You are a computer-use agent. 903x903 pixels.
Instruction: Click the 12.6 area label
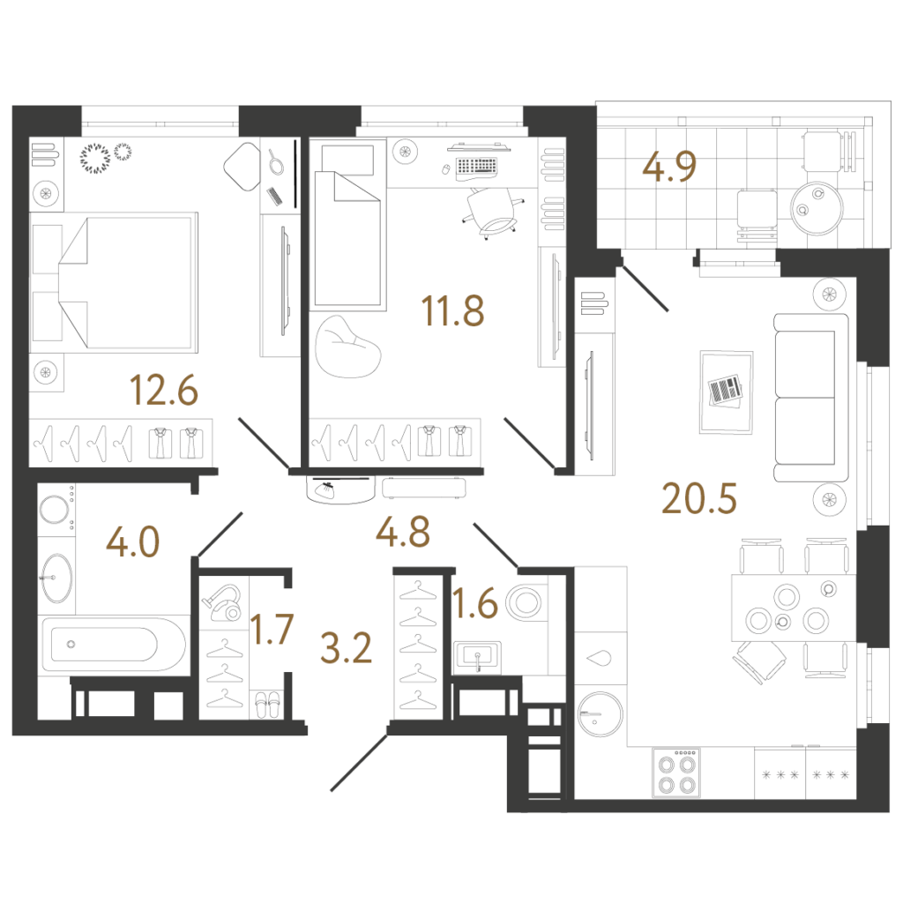pyautogui.click(x=164, y=390)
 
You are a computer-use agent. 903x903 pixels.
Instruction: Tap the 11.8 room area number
pyautogui.click(x=452, y=310)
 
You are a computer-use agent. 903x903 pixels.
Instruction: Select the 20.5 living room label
pyautogui.click(x=699, y=498)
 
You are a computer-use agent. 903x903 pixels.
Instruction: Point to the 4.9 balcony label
pyautogui.click(x=669, y=167)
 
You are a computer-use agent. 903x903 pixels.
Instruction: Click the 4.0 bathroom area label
pyautogui.click(x=133, y=542)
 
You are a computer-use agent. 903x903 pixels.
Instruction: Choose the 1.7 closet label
pyautogui.click(x=272, y=629)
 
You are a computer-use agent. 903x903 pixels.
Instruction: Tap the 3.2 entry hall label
pyautogui.click(x=346, y=648)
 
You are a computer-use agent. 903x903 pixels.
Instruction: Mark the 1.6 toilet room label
pyautogui.click(x=475, y=603)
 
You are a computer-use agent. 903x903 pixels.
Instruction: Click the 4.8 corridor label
pyautogui.click(x=402, y=532)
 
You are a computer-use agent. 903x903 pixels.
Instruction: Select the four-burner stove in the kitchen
pyautogui.click(x=676, y=772)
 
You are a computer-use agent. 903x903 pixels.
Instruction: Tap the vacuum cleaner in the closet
pyautogui.click(x=223, y=602)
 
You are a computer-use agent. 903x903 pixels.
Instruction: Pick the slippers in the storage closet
pyautogui.click(x=267, y=705)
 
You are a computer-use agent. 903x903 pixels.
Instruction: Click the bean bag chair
pyautogui.click(x=347, y=347)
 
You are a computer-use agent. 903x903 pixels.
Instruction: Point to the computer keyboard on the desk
pyautogui.click(x=476, y=167)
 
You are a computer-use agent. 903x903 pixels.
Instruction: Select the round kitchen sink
pyautogui.click(x=600, y=713)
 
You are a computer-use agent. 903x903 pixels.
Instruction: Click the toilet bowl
pyautogui.click(x=525, y=602)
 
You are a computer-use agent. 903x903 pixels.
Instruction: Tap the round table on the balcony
pyautogui.click(x=817, y=208)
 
